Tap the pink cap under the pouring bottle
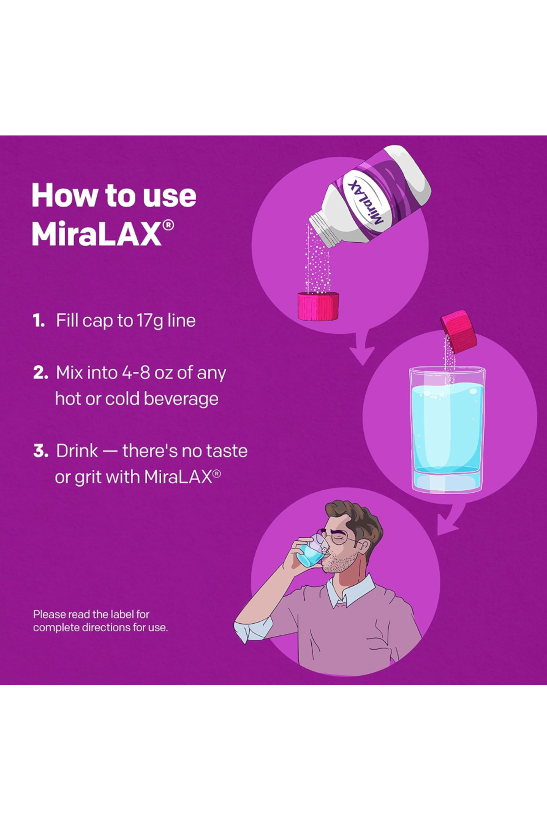pos(318,306)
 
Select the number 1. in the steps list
pos(39,321)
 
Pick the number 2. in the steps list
pos(41,373)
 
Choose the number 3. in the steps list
pos(41,451)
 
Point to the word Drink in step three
pos(77,451)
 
